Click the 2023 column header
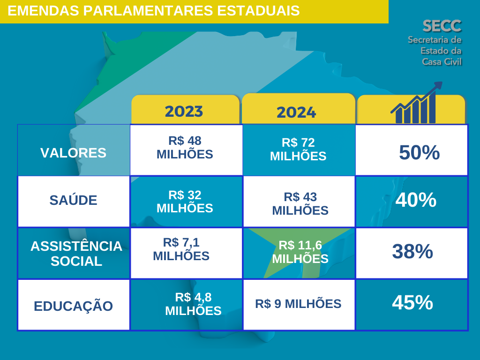coord(184,111)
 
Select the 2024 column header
coord(296,112)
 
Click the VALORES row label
coord(73,153)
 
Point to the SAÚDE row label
coord(73,200)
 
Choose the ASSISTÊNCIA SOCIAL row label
coord(76,254)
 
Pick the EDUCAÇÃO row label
coord(73,306)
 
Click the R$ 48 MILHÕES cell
coord(185,147)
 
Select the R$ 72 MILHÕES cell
coord(298,149)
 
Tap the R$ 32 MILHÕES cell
coord(185,202)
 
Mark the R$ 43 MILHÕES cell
coord(300,203)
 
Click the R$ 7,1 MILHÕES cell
coord(181,249)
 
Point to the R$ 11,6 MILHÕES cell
coord(300,252)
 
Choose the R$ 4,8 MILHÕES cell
coord(193,304)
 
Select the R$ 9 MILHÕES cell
coord(298,304)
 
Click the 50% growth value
coord(419,153)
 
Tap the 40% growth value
coord(416,200)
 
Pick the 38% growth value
coord(412,252)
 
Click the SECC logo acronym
coord(442,26)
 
